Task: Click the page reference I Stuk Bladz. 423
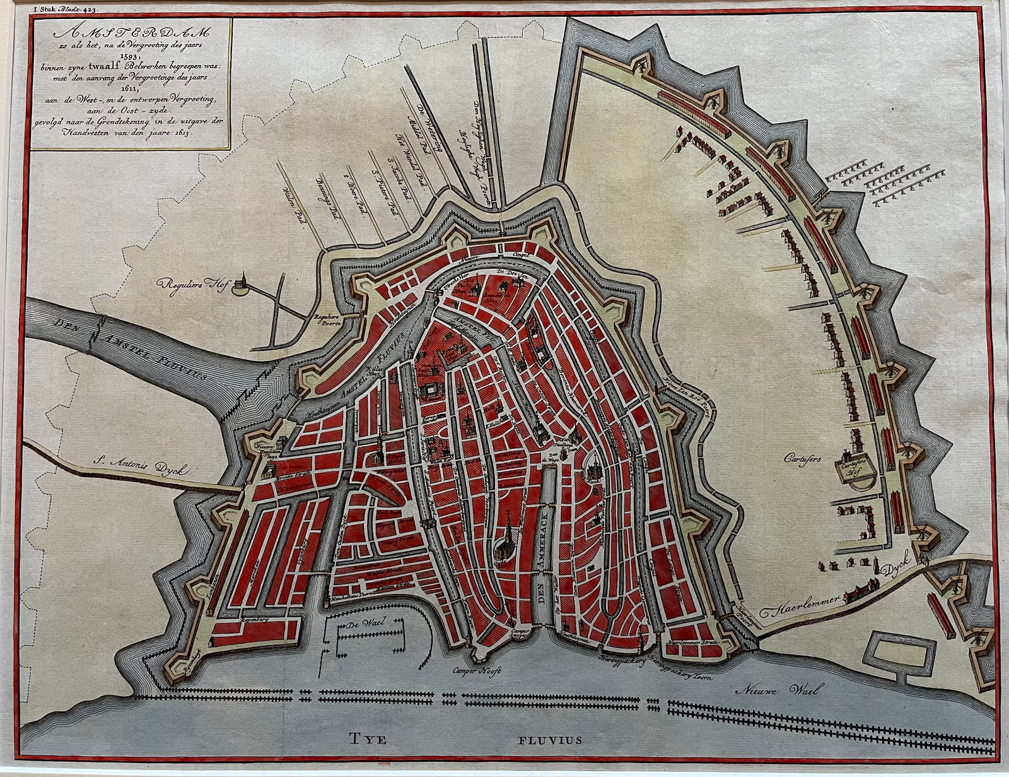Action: [x=52, y=9]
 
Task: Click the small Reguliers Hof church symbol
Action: [x=240, y=285]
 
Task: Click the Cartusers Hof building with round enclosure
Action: [x=859, y=468]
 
